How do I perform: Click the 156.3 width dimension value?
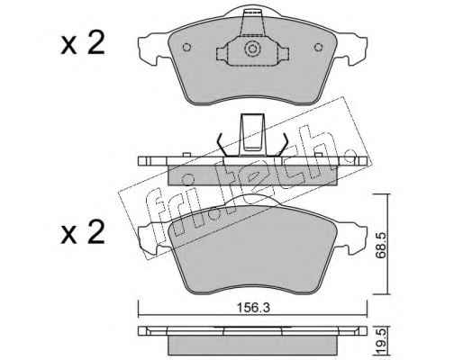pos(253,308)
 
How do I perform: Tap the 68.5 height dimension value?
pos(382,245)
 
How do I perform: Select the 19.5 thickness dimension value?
pos(382,343)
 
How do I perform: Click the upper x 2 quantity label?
pos(83,43)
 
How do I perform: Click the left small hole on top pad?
pos(186,48)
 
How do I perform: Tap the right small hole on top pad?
pos(318,48)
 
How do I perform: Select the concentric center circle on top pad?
pos(251,49)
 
